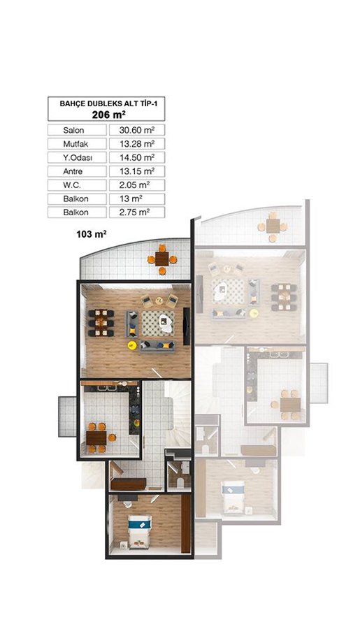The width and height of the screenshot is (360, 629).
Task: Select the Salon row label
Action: (x=73, y=131)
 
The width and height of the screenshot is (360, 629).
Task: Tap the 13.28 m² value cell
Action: (x=137, y=143)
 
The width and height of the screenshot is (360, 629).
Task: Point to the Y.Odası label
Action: (x=78, y=158)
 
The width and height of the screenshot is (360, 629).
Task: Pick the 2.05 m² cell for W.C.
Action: (x=134, y=185)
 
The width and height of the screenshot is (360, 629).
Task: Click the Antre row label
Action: (x=73, y=171)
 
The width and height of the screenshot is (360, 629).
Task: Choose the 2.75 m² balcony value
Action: (x=134, y=212)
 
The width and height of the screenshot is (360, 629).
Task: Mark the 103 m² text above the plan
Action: (x=91, y=234)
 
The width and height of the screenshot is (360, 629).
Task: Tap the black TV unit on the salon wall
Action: (x=186, y=326)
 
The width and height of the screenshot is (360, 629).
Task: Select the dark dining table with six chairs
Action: (x=101, y=322)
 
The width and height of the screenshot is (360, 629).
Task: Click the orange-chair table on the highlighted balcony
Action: (x=161, y=259)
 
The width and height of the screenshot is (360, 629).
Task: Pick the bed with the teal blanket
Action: (x=139, y=532)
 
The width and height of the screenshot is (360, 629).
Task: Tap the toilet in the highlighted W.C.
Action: (x=180, y=482)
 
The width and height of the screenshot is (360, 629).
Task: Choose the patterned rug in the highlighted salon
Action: (x=157, y=323)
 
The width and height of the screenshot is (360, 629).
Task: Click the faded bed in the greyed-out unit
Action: (x=233, y=496)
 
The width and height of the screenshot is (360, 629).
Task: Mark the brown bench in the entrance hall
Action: (x=129, y=484)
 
